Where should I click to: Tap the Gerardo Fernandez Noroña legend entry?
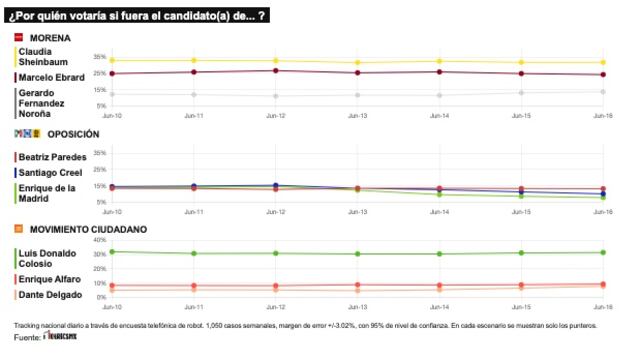point(41,103)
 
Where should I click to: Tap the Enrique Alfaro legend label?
point(44,279)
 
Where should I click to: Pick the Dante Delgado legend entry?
point(44,294)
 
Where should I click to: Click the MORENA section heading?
point(49,37)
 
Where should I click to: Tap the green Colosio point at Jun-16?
point(603,252)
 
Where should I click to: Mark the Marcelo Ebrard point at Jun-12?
point(276,70)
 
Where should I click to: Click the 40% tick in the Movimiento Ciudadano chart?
point(97,240)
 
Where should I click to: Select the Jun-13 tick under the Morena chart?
point(357,116)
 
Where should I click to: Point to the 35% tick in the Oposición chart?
point(98,153)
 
